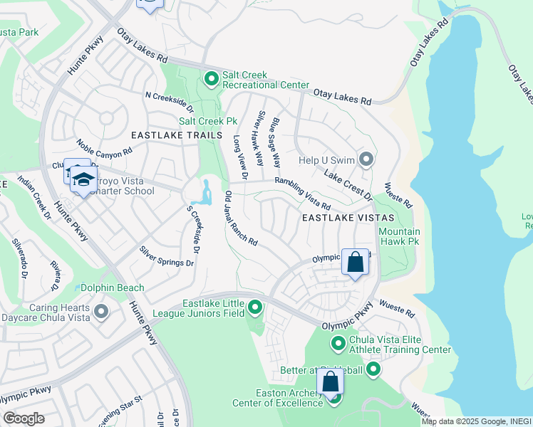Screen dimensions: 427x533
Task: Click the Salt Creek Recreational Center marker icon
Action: click(211, 78)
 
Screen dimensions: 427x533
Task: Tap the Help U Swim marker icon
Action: click(366, 159)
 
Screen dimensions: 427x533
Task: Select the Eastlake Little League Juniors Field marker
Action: click(255, 307)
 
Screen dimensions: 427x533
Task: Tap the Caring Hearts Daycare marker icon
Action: click(100, 311)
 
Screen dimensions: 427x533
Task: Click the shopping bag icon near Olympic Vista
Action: click(355, 263)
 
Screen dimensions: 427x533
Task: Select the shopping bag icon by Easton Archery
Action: click(330, 383)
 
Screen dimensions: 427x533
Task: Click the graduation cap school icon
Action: click(84, 179)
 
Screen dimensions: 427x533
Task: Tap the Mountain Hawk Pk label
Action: click(399, 236)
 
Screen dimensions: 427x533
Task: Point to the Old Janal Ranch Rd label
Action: click(241, 218)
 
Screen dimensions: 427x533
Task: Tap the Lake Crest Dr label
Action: click(348, 183)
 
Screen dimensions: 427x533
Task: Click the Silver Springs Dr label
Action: click(167, 256)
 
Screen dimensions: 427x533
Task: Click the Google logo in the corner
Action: click(23, 418)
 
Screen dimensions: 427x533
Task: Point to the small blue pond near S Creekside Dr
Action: click(207, 192)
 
